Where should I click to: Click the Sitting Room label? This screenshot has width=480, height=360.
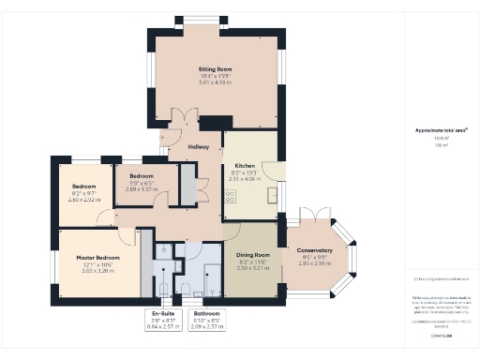[216, 69]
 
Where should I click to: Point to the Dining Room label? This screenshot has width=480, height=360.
[252, 255]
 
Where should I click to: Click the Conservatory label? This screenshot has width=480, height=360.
[314, 250]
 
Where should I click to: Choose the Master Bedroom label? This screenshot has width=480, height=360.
[97, 257]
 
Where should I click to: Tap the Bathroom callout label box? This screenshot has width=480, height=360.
[207, 320]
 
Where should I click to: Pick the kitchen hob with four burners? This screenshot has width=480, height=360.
[231, 196]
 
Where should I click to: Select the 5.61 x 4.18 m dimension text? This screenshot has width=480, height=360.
[216, 82]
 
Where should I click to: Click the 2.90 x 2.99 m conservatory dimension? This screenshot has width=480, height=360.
[314, 264]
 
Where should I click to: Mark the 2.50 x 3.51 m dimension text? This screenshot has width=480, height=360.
[252, 268]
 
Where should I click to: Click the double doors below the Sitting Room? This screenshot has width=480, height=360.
[185, 120]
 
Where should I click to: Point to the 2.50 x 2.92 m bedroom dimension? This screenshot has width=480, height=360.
[82, 200]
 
